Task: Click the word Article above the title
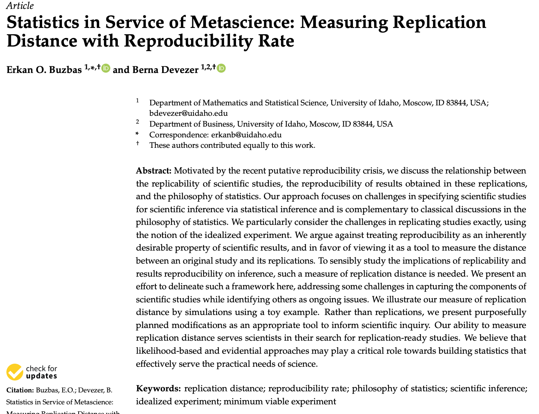click(x=20, y=6)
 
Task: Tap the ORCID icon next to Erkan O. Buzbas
click(x=106, y=68)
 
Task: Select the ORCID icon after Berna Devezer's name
click(x=221, y=68)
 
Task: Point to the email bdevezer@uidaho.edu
click(x=188, y=113)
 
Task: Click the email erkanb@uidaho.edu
click(x=246, y=135)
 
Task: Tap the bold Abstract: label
click(x=154, y=171)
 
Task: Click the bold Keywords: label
click(x=158, y=389)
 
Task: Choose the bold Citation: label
click(x=20, y=390)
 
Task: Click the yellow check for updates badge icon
click(x=15, y=372)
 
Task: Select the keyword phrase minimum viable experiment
click(x=280, y=402)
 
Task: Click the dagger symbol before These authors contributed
click(x=138, y=143)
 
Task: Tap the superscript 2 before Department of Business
click(x=138, y=122)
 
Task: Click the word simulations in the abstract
click(x=207, y=312)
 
